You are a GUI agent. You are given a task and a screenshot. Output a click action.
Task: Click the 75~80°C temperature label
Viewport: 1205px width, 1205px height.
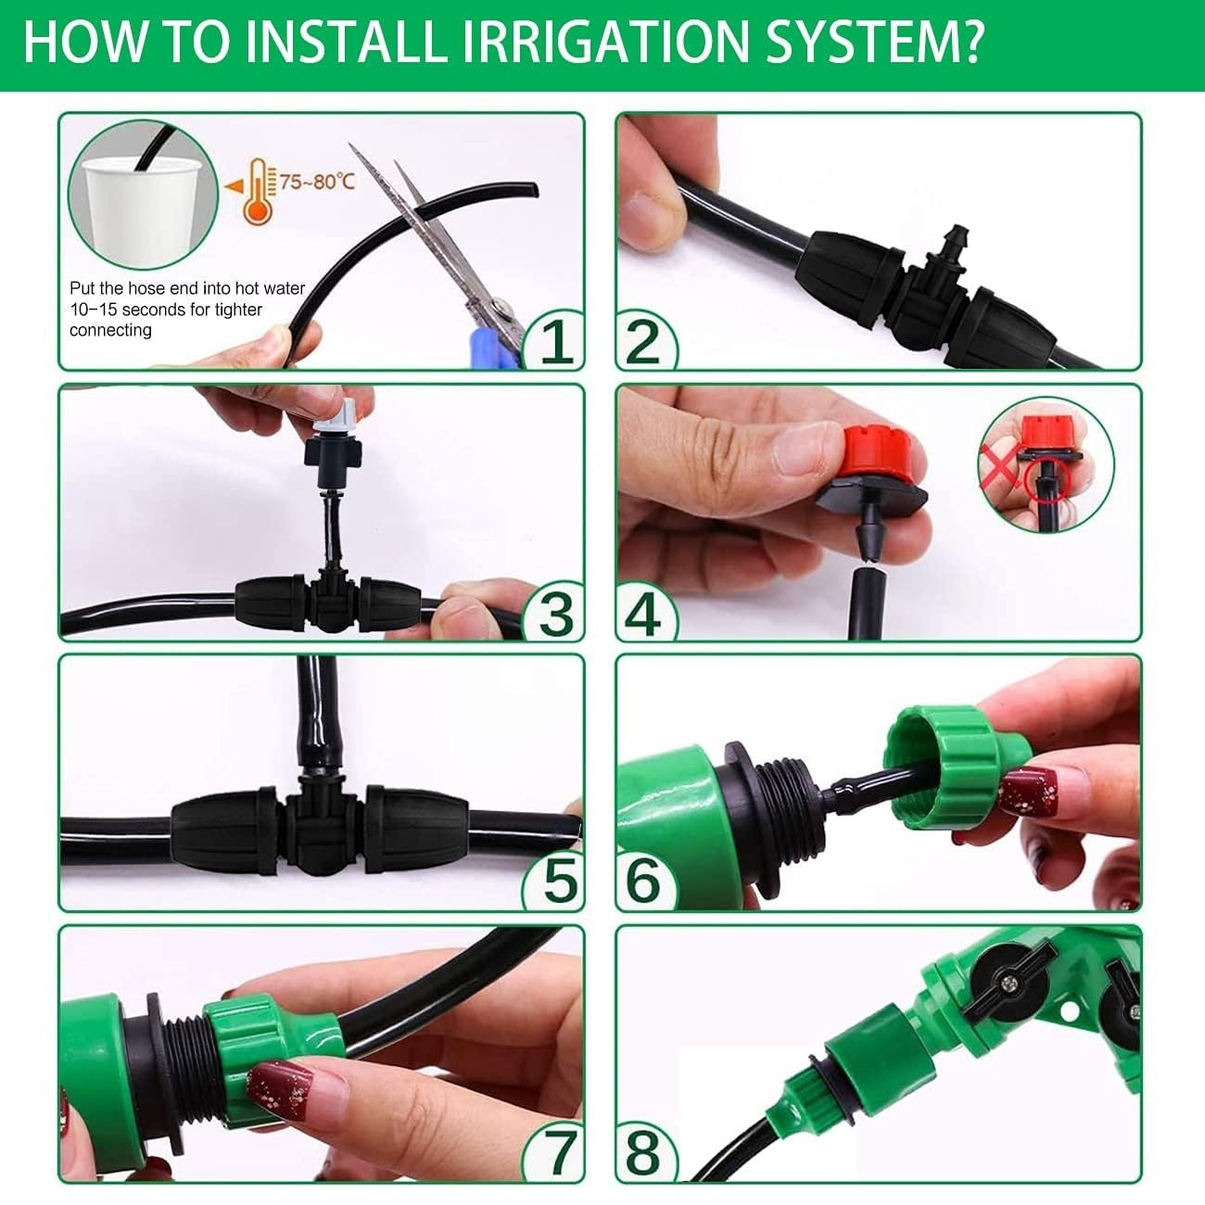pyautogui.click(x=317, y=182)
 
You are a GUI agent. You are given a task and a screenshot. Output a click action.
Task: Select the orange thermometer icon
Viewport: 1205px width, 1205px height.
pyautogui.click(x=257, y=192)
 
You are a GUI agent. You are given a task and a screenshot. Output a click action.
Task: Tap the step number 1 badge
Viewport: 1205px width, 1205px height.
pyautogui.click(x=552, y=341)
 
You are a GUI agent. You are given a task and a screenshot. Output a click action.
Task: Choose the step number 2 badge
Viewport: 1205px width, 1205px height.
pyautogui.click(x=644, y=341)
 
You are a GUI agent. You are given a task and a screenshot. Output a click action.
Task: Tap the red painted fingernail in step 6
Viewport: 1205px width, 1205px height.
pyautogui.click(x=1029, y=793)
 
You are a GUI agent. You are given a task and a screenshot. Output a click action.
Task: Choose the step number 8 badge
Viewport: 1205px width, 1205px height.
pyautogui.click(x=644, y=1152)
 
